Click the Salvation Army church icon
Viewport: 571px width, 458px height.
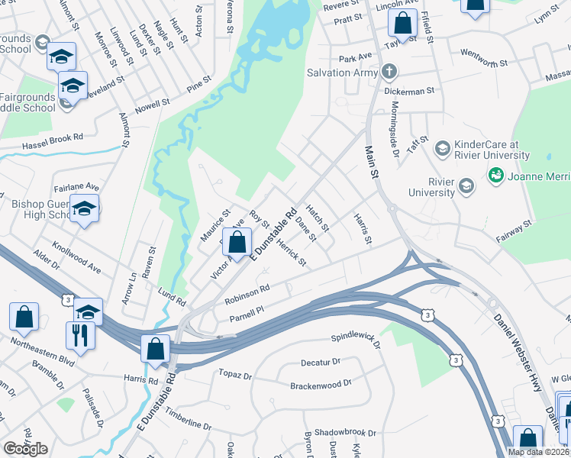tap(390, 73)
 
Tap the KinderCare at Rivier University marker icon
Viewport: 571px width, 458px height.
tap(441, 147)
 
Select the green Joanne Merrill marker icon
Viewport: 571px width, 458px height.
tap(495, 176)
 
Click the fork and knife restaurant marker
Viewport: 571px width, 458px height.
tap(80, 334)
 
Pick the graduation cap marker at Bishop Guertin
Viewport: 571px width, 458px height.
tap(84, 208)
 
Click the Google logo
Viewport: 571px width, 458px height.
tap(25, 449)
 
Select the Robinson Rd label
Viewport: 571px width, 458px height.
tap(247, 294)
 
